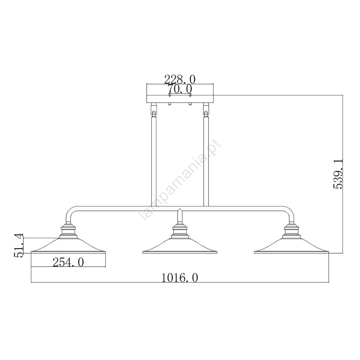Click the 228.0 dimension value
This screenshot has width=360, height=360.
180,79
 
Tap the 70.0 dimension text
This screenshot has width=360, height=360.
180,89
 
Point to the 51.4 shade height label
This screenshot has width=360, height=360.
19,245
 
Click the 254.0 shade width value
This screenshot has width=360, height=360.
68,262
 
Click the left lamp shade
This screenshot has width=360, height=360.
68,246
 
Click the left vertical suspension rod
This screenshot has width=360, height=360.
154,161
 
